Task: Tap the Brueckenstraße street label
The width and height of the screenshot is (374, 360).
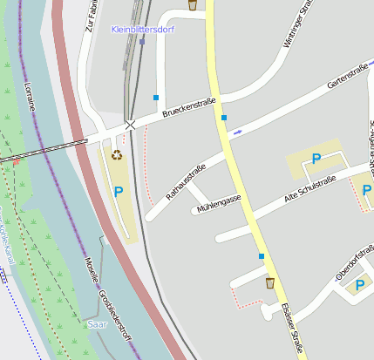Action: coord(191,108)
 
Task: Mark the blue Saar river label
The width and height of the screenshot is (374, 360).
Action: coord(98,323)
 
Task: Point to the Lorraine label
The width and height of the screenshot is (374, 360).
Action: coord(30,94)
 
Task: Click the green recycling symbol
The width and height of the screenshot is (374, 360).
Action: coord(117,155)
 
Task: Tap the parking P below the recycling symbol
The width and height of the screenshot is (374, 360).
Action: coord(119,191)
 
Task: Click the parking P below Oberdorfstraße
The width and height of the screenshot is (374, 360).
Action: coord(359,285)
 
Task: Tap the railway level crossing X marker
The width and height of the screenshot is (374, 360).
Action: coord(130,125)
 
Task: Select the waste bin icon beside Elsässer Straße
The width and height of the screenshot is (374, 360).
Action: coord(269,282)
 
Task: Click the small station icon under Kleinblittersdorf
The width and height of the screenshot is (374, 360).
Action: coord(142,41)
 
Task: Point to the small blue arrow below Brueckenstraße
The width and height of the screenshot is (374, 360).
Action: coord(237,132)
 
